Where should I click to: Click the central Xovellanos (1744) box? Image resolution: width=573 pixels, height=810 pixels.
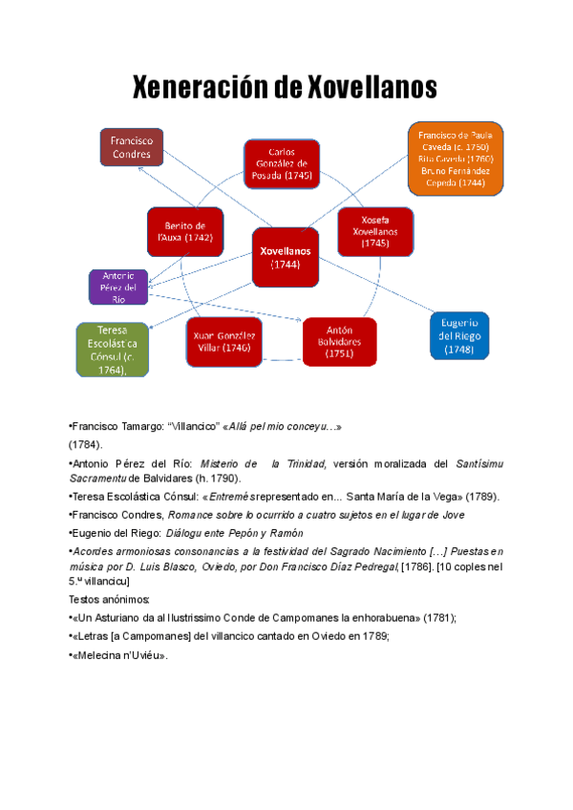286,257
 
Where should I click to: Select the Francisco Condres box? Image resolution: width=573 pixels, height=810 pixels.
132,147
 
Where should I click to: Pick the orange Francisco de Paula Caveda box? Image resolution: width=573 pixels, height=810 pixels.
455,159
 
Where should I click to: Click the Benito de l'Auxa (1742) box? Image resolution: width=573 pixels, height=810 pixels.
185,231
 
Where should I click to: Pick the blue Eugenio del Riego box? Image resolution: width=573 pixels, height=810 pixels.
458,335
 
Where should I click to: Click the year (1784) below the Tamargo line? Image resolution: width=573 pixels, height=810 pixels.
85,444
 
